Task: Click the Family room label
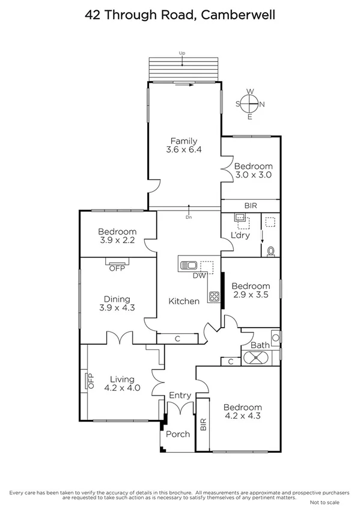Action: [x=183, y=141]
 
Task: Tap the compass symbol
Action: [x=250, y=104]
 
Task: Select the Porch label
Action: [x=177, y=434]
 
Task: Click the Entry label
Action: [x=180, y=395]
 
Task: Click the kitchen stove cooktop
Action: [x=214, y=295]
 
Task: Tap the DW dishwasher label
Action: [x=200, y=276]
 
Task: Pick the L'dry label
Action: [x=240, y=235]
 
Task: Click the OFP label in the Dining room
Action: [x=117, y=268]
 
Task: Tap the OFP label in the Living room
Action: [x=91, y=380]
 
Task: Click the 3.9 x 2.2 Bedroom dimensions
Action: [x=117, y=241]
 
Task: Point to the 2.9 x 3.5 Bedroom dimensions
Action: [x=250, y=295]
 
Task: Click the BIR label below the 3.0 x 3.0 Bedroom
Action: [x=250, y=206]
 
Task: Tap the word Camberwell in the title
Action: [x=239, y=14]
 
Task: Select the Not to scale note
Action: [x=325, y=502]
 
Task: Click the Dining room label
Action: [x=117, y=299]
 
